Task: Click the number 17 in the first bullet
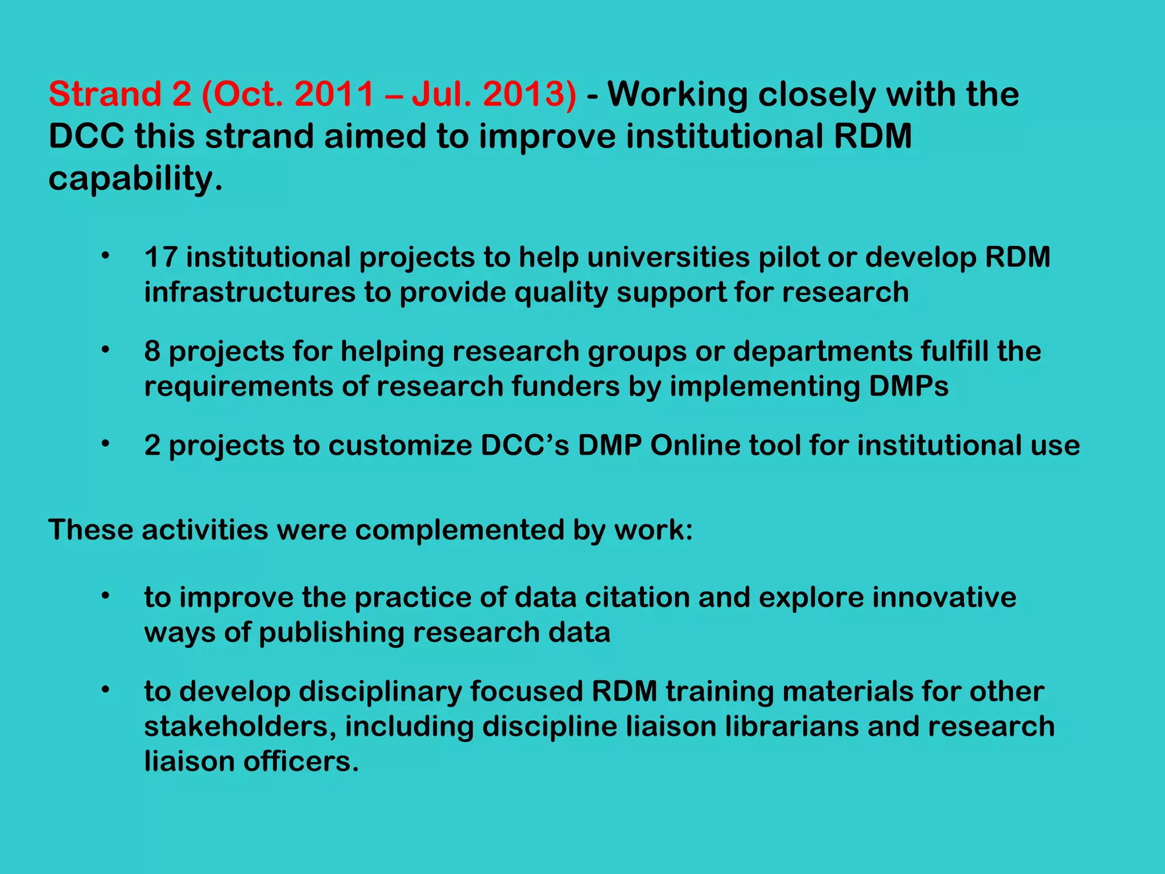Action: pyautogui.click(x=161, y=257)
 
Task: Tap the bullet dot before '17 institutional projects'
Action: pyautogui.click(x=105, y=256)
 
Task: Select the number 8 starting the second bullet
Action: pyautogui.click(x=152, y=351)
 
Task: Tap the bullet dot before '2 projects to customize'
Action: pyautogui.click(x=105, y=444)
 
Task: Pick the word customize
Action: pyautogui.click(x=400, y=446)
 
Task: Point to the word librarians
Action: pyautogui.click(x=792, y=727)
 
